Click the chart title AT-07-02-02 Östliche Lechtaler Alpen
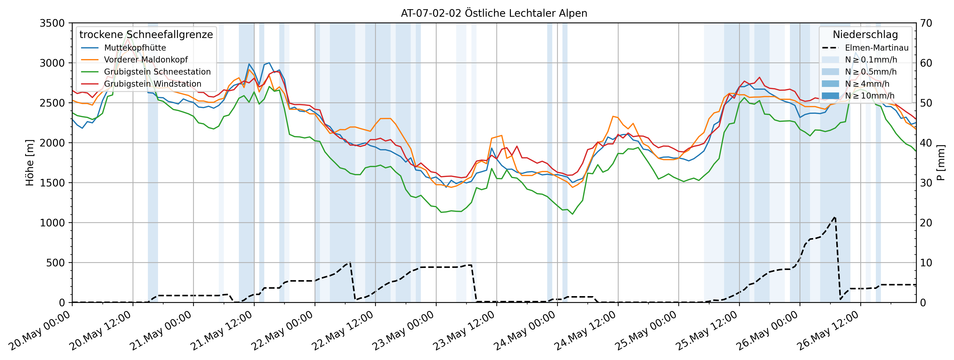pyautogui.click(x=494, y=13)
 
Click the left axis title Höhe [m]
pyautogui.click(x=30, y=163)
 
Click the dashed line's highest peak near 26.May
pyautogui.click(x=835, y=217)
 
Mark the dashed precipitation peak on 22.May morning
pyautogui.click(x=350, y=262)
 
